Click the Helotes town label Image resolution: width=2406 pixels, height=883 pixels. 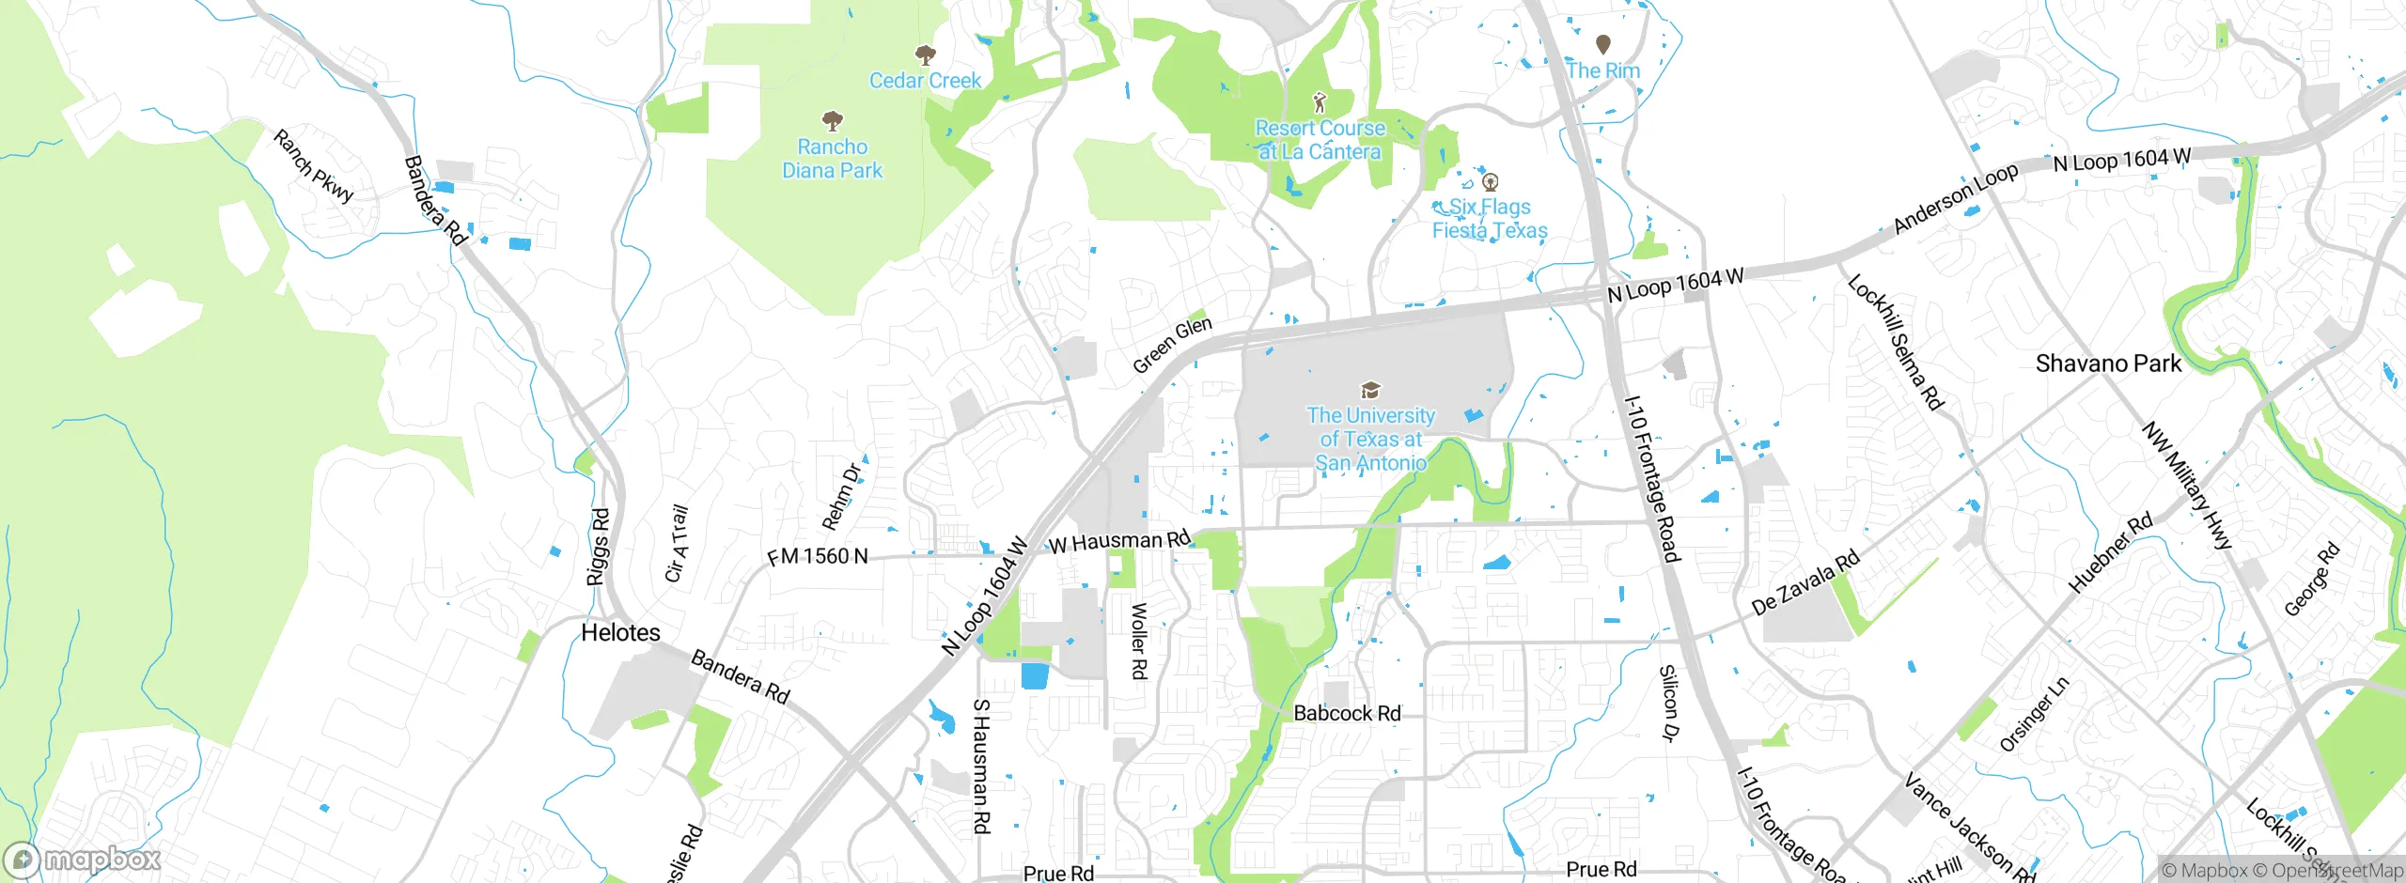(620, 632)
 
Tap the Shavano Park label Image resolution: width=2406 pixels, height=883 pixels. (2107, 364)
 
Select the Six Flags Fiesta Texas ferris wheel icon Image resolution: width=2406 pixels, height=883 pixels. (1489, 181)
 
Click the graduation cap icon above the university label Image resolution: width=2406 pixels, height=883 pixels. (1370, 390)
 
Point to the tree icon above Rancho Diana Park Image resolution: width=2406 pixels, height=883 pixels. (832, 121)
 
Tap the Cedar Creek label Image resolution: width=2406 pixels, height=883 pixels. (925, 81)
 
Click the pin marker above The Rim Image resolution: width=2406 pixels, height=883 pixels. (1603, 44)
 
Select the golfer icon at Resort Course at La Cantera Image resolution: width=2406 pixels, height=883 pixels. (1320, 101)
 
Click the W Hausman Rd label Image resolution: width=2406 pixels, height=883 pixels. (1118, 541)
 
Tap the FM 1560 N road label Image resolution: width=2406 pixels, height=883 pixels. (818, 556)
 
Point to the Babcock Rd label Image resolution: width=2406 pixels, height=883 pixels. (1347, 713)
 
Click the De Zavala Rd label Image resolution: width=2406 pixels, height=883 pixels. (1804, 582)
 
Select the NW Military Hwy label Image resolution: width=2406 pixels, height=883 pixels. (2186, 485)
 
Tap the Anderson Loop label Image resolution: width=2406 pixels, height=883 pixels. (1955, 199)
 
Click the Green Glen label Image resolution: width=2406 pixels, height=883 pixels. (1172, 345)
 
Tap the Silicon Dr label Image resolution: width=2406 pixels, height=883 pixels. (1667, 704)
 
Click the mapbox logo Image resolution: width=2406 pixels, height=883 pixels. (83, 860)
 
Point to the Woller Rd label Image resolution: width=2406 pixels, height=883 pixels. (1138, 641)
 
